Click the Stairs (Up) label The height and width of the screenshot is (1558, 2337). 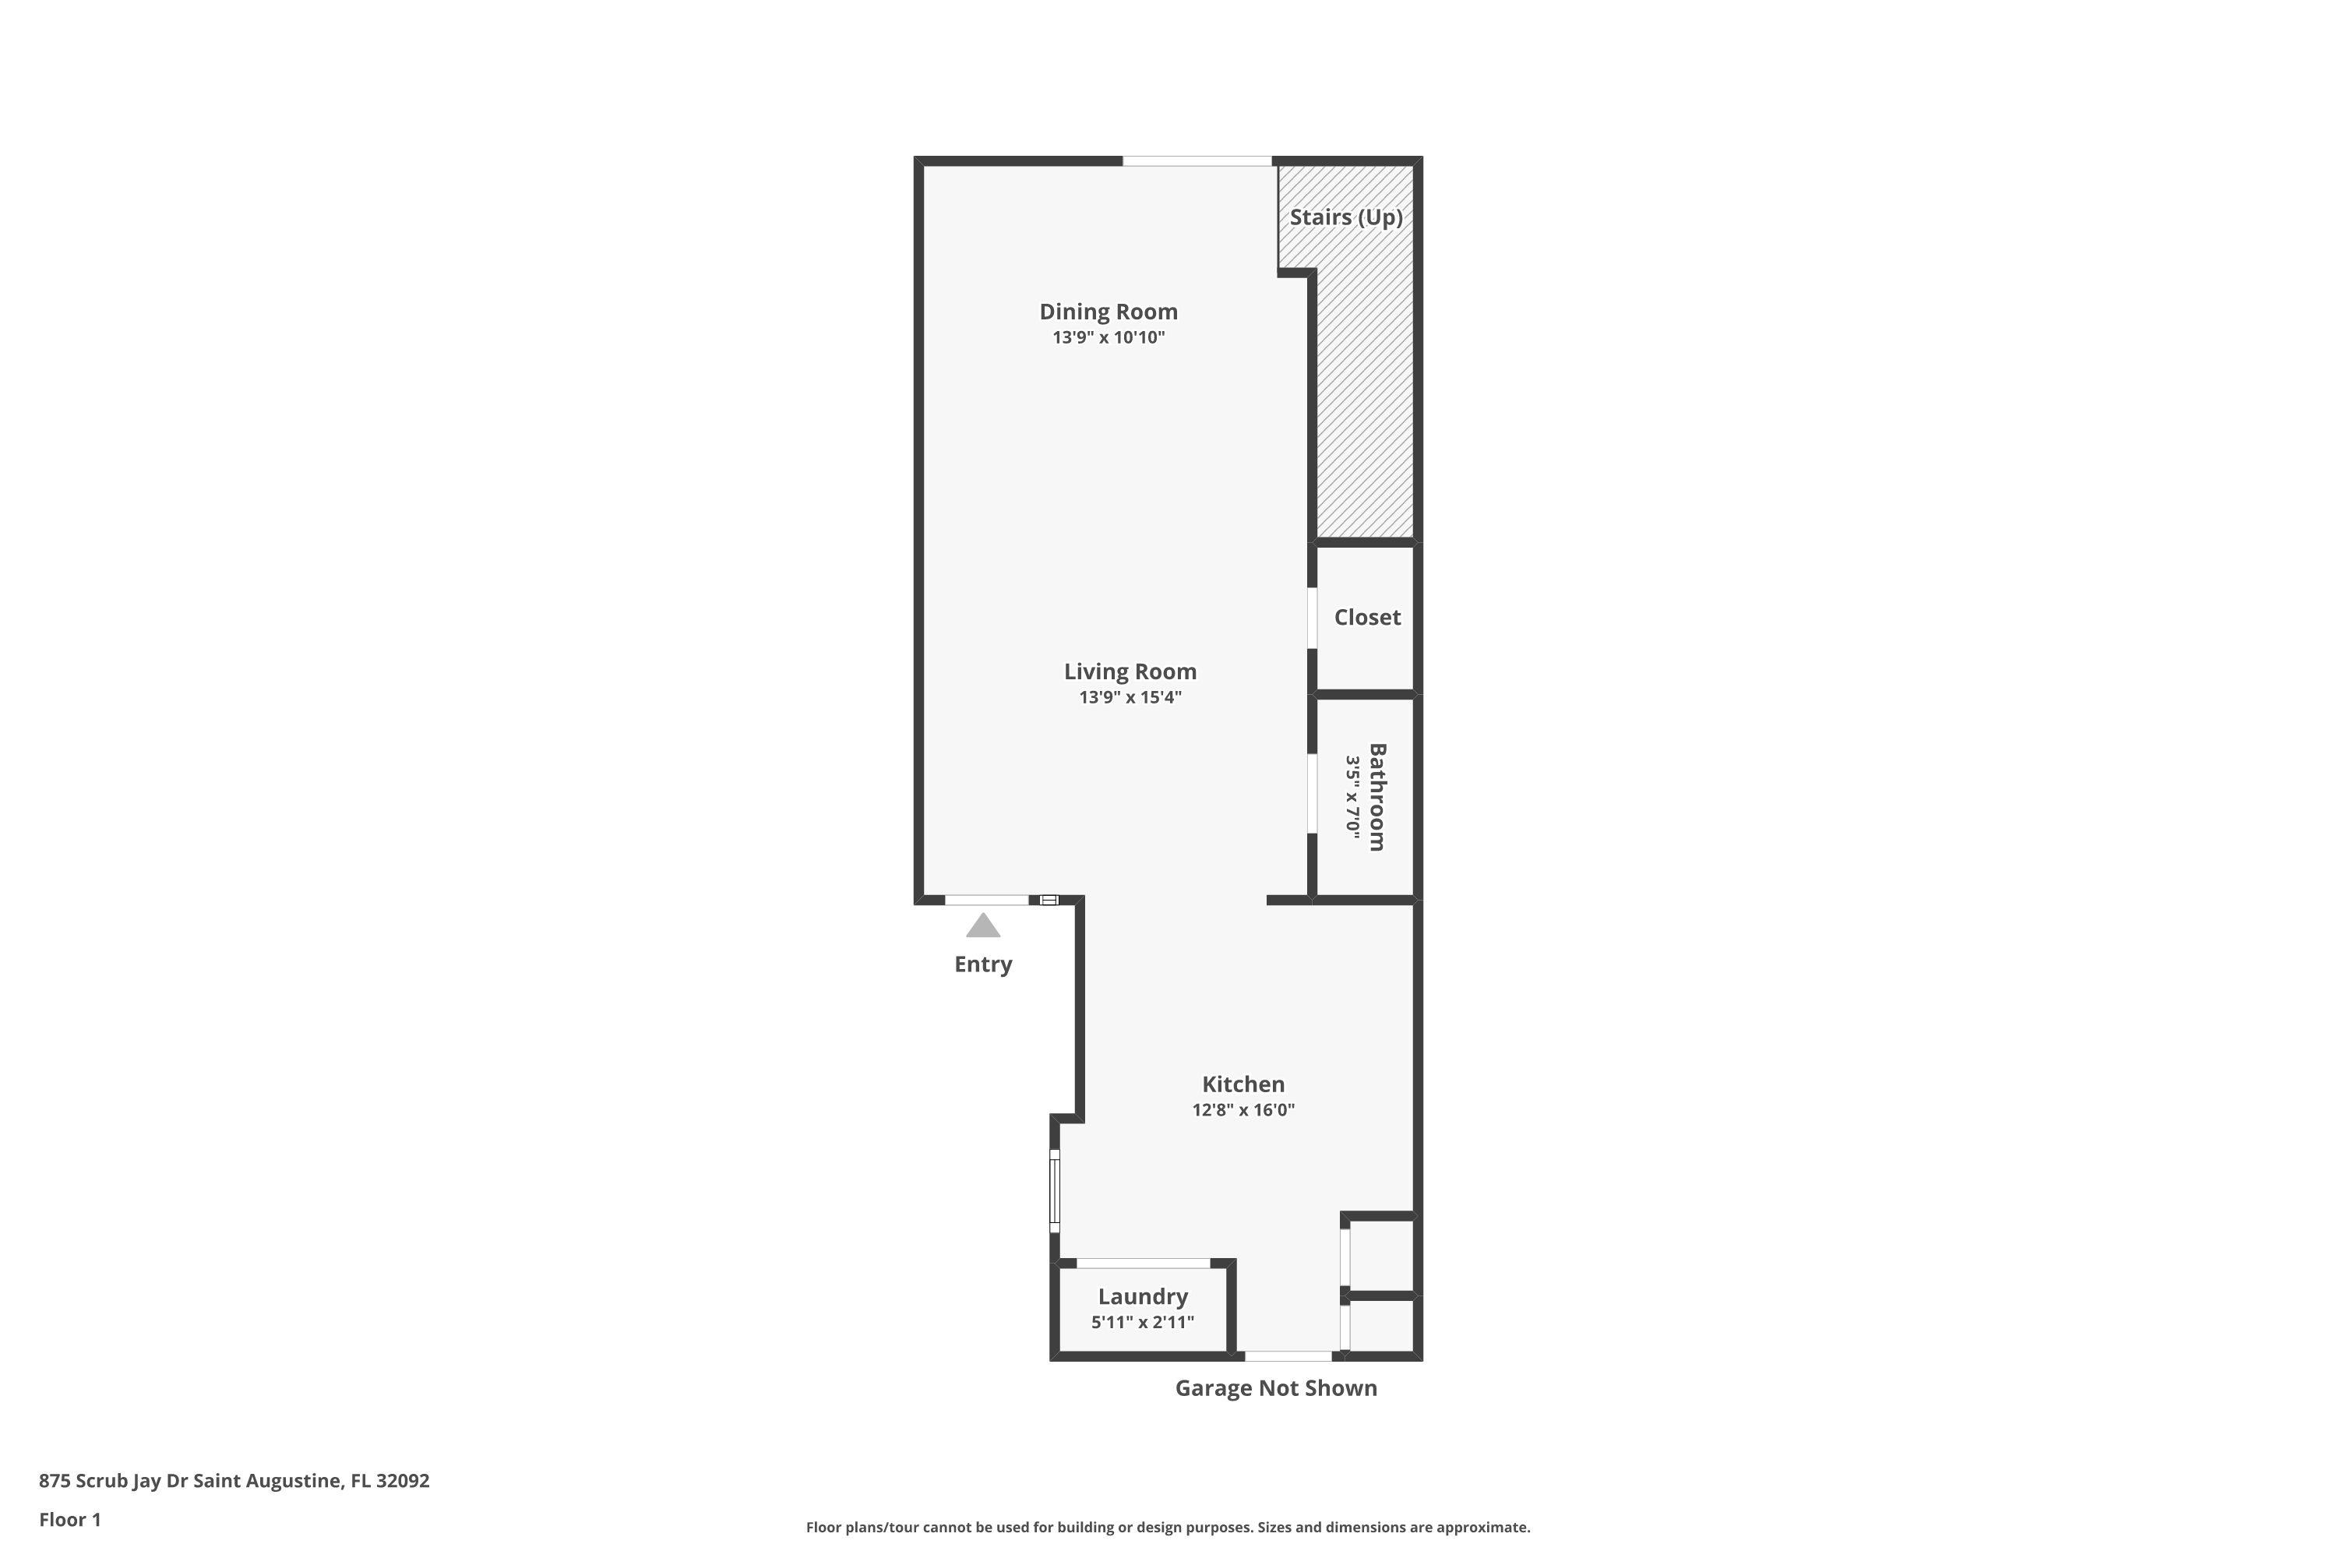(x=1345, y=217)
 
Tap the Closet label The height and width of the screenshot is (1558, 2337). (x=1366, y=618)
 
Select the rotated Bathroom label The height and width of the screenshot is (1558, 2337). (x=1377, y=797)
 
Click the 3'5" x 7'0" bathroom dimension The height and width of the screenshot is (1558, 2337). (x=1352, y=797)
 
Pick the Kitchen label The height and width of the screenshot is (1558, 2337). (x=1243, y=1084)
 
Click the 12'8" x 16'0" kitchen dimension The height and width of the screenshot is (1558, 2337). (x=1243, y=1110)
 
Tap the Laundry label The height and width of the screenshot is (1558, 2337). (x=1143, y=1297)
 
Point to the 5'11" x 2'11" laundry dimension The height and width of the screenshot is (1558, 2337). (x=1143, y=1323)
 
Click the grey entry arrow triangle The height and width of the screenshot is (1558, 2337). (x=982, y=927)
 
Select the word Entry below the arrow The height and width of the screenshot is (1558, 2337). (x=982, y=964)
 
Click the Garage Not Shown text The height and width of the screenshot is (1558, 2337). (x=1276, y=1388)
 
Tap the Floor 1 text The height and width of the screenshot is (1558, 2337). (x=69, y=1519)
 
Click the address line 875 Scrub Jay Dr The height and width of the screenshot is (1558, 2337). (x=234, y=1481)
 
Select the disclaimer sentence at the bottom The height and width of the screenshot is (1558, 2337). (x=1168, y=1527)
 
